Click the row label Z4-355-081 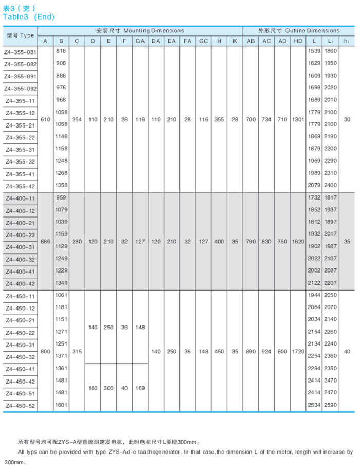[x=20, y=51]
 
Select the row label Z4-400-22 [x=20, y=235]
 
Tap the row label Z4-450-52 [x=20, y=406]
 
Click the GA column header [x=139, y=41]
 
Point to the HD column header [x=298, y=41]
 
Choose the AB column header [x=250, y=41]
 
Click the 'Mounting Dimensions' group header [x=139, y=30]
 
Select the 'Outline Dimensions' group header [x=298, y=30]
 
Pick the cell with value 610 [x=45, y=119]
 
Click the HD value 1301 [x=298, y=119]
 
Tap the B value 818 [x=61, y=51]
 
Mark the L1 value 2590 [x=331, y=406]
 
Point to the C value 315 [x=77, y=351]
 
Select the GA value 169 [x=139, y=388]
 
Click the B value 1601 [x=61, y=406]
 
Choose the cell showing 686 [x=45, y=241]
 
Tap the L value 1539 [x=314, y=51]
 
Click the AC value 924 [x=266, y=351]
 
